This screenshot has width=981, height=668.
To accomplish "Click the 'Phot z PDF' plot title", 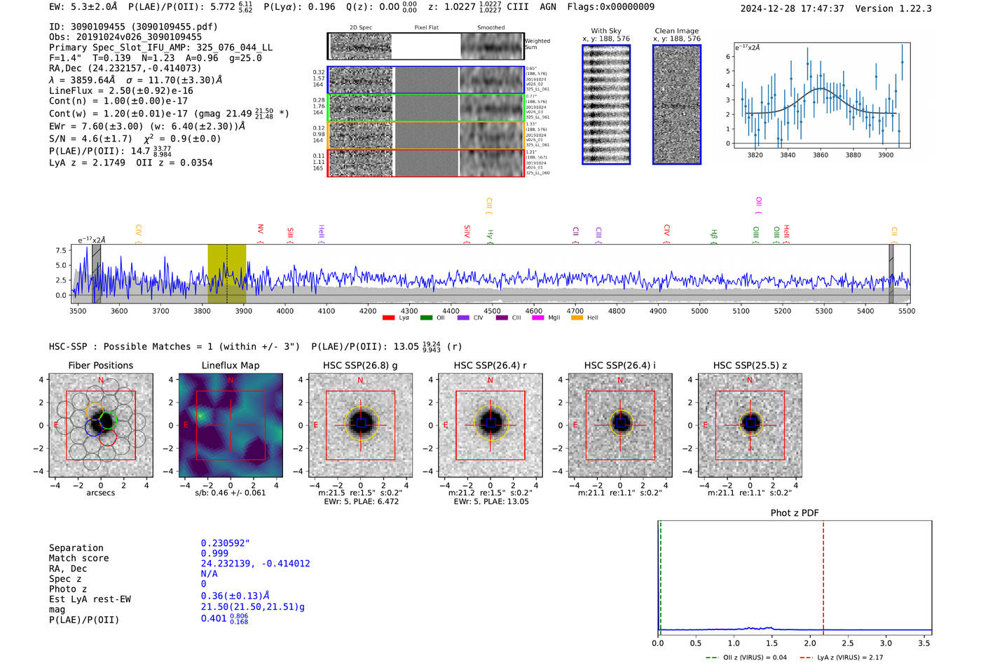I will (x=795, y=513).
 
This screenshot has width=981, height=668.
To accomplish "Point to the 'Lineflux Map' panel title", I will (x=231, y=365).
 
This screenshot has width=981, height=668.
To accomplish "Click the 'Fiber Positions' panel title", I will (x=100, y=365).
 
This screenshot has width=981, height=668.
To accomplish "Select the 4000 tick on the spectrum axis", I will (x=284, y=311).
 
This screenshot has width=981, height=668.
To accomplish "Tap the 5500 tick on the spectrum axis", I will (x=907, y=311).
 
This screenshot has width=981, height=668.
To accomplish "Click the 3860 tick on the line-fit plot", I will (x=821, y=155).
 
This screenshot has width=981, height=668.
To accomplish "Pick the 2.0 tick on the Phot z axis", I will (x=810, y=643).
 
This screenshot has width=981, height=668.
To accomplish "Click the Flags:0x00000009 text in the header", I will (x=610, y=7).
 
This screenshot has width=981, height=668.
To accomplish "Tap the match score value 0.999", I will (x=214, y=553).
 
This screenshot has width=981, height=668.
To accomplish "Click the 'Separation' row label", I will (x=76, y=548).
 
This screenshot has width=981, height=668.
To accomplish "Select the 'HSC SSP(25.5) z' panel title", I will (x=750, y=365).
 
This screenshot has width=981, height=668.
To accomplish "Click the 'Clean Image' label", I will (x=676, y=31).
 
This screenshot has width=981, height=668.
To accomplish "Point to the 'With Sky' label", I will (x=606, y=31).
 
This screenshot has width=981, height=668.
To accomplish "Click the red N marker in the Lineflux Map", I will (x=231, y=380).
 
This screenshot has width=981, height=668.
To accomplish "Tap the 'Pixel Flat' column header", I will (x=426, y=28).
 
